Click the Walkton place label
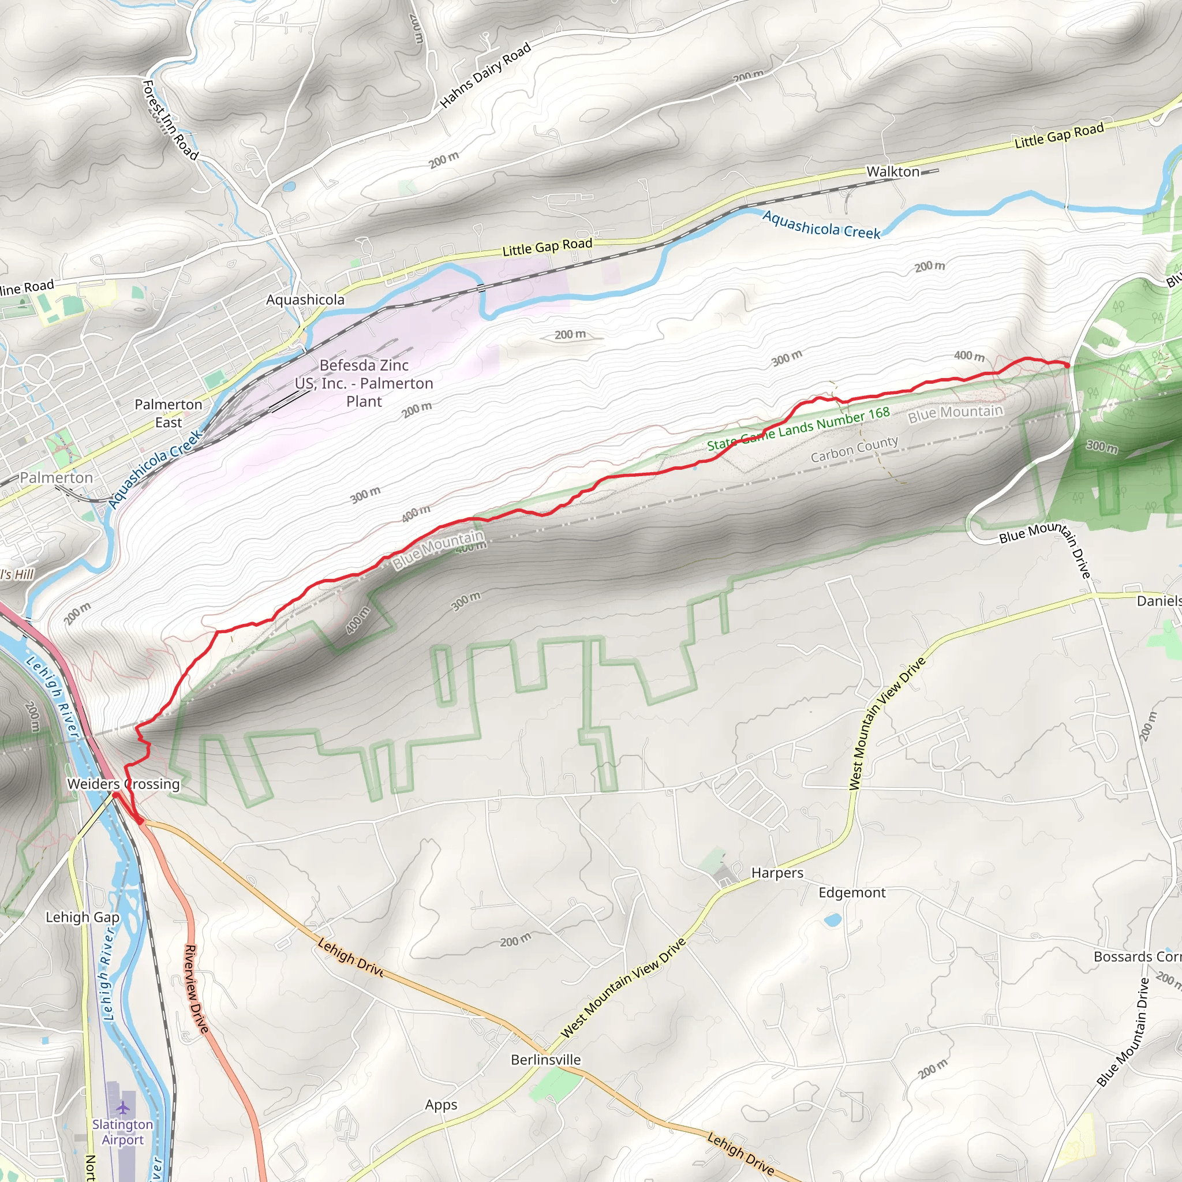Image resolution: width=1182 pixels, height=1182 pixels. pyautogui.click(x=893, y=172)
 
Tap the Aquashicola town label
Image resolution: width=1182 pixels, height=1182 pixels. pyautogui.click(x=305, y=300)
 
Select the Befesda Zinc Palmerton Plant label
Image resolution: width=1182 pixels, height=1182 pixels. pyautogui.click(x=364, y=383)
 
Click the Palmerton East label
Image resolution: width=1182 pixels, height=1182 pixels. pyautogui.click(x=169, y=413)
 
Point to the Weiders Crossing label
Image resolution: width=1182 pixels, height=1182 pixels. pyautogui.click(x=124, y=784)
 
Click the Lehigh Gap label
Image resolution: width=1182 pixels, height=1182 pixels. pyautogui.click(x=83, y=917)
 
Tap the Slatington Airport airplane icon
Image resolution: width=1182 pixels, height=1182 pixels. pyautogui.click(x=123, y=1108)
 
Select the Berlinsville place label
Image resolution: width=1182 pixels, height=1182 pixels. pyautogui.click(x=546, y=1060)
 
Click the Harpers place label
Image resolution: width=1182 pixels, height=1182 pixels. pyautogui.click(x=777, y=873)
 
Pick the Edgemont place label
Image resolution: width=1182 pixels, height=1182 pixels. pyautogui.click(x=852, y=893)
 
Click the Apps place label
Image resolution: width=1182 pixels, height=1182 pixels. pyautogui.click(x=441, y=1105)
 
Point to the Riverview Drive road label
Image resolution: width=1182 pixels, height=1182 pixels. pyautogui.click(x=196, y=989)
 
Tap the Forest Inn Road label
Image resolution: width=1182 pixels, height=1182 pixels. pyautogui.click(x=170, y=120)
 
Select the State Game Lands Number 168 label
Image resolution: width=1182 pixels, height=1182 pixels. pyautogui.click(x=798, y=429)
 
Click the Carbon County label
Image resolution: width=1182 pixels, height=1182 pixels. pyautogui.click(x=854, y=449)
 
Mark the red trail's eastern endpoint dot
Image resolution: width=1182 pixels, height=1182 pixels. pyautogui.click(x=1067, y=365)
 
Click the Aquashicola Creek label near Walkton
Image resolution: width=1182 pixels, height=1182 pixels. pyautogui.click(x=821, y=225)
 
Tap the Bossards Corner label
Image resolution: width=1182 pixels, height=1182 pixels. pyautogui.click(x=1137, y=957)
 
